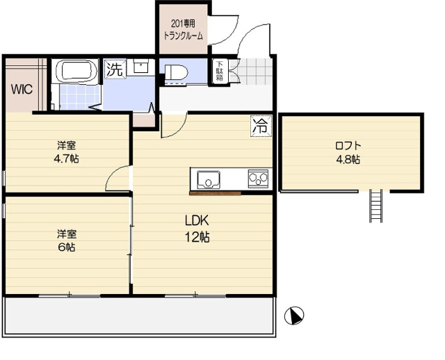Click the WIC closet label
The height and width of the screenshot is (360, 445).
click(x=22, y=90)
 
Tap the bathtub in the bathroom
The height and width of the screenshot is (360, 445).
click(x=76, y=71)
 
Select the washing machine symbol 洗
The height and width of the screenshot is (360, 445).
click(x=115, y=69)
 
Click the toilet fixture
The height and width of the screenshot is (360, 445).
click(x=176, y=73)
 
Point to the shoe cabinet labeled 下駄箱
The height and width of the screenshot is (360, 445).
click(x=220, y=71)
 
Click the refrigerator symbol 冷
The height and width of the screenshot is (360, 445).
click(x=261, y=126)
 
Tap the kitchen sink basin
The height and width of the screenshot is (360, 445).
click(x=209, y=179)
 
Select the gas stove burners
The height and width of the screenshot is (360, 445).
click(x=258, y=179)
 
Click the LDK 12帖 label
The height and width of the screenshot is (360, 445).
click(x=197, y=229)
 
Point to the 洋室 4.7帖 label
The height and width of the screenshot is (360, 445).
click(x=67, y=152)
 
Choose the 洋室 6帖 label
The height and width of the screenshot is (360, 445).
click(x=67, y=241)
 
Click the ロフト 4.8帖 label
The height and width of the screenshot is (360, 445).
click(x=348, y=153)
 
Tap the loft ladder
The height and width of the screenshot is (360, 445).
click(x=375, y=206)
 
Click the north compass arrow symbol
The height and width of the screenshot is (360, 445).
click(x=294, y=316)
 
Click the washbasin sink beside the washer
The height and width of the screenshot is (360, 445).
click(x=140, y=67)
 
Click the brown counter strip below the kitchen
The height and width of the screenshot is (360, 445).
click(x=215, y=193)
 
